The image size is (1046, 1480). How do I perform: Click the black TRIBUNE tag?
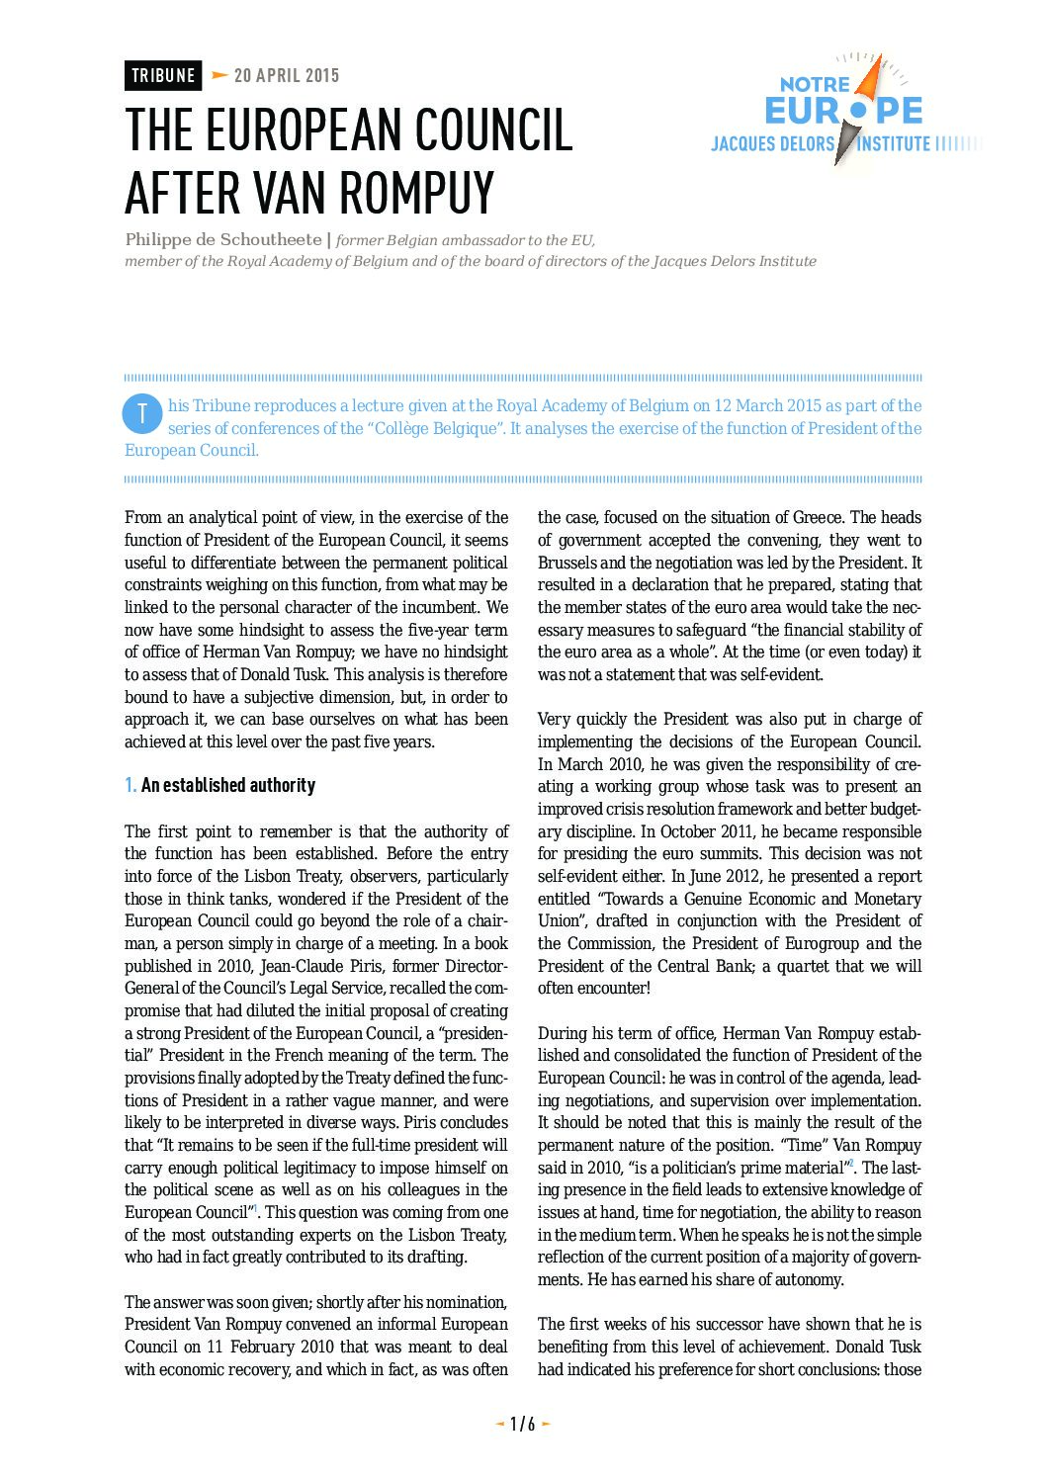pos(163,76)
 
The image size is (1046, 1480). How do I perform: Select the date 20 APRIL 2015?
pos(287,76)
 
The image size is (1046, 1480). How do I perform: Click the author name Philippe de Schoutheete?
pos(222,240)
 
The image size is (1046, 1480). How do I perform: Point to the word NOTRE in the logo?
pos(815,85)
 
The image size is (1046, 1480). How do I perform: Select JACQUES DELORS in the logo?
pos(772,144)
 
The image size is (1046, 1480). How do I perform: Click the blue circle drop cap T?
pos(142,414)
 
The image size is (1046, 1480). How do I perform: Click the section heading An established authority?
pos(228,786)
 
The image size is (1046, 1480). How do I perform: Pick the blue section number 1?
pos(131,786)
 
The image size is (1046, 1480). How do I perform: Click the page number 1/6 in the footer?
pos(522,1425)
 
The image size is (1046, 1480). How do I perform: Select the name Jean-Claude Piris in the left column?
pos(351,966)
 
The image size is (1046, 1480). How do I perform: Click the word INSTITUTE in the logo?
pos(894,144)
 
